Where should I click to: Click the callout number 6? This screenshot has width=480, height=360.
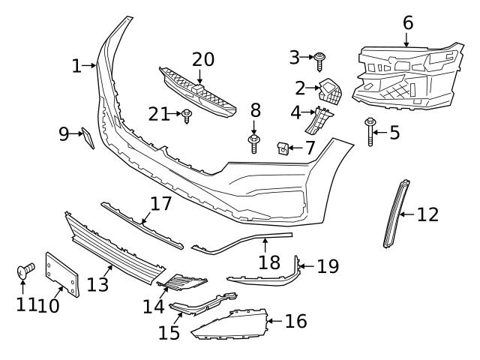(x=407, y=22)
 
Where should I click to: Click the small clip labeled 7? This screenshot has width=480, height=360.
(x=284, y=146)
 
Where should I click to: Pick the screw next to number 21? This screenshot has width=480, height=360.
(x=187, y=115)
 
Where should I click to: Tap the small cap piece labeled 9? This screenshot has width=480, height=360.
(x=86, y=138)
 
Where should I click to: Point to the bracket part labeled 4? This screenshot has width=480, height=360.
(x=321, y=120)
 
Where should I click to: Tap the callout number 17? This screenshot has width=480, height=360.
(x=160, y=204)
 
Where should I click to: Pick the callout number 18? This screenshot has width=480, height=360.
(x=269, y=262)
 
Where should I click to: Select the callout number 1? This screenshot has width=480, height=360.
(x=76, y=66)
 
